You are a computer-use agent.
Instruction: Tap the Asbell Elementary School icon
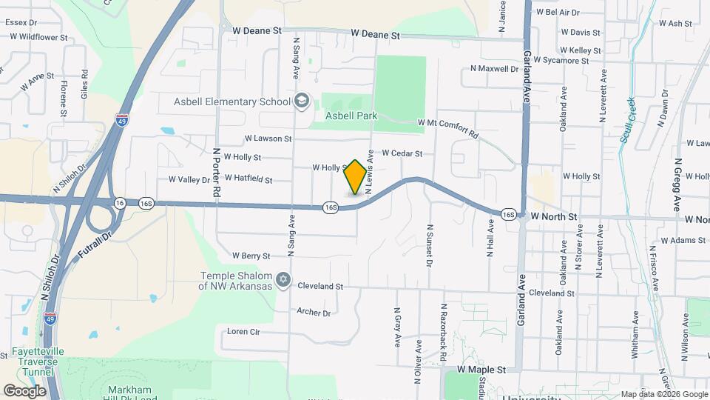coord(301,101)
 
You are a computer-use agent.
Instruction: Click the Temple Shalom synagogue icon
coord(282,280)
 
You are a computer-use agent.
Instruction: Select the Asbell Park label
coord(351,116)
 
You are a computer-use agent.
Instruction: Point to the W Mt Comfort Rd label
coord(449,129)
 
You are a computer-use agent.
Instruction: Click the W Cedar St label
coord(402,154)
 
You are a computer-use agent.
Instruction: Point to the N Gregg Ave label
coord(677,188)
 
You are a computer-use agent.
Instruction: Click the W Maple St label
coord(481,368)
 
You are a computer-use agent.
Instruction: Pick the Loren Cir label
coord(243,331)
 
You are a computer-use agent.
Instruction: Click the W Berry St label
coord(251,256)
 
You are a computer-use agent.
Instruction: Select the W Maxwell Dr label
coord(495,69)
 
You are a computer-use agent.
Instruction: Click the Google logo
coord(24,390)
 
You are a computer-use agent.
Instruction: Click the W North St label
coord(553,216)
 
